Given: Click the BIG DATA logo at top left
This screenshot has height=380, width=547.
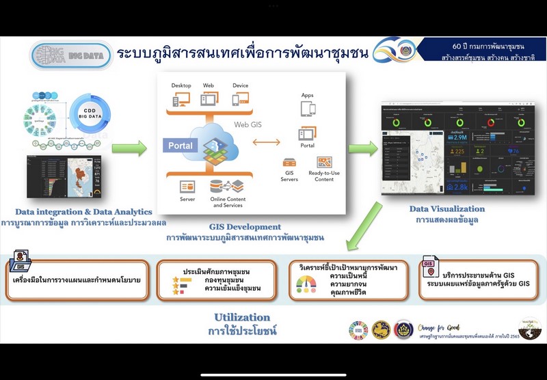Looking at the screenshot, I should click(70, 55).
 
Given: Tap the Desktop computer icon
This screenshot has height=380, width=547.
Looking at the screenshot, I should click(181, 100).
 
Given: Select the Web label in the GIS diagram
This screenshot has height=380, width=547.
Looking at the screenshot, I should click(208, 85).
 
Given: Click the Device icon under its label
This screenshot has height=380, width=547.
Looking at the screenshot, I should click(240, 100).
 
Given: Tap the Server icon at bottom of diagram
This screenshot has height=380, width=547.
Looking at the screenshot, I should click(187, 187).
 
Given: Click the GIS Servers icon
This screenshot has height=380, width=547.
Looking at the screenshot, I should click(290, 163).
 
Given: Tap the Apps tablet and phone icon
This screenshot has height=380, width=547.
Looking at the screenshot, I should click(307, 109).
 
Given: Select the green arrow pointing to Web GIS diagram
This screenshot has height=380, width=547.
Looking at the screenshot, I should click(129, 148).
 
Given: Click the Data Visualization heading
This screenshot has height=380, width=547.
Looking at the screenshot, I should click(446, 209).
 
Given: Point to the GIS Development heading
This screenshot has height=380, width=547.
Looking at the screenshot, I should click(244, 226).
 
